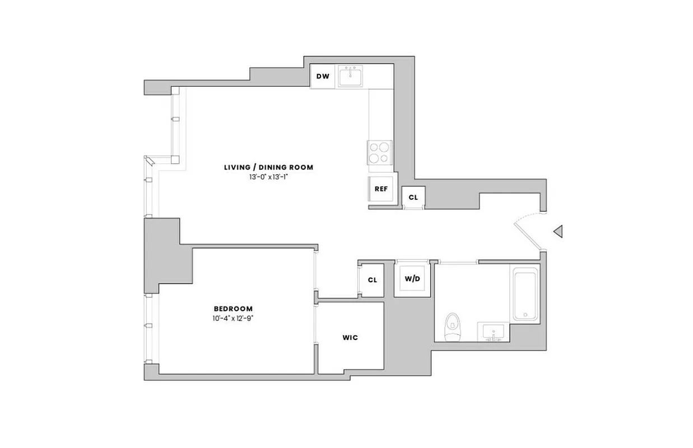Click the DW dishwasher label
click(x=322, y=76)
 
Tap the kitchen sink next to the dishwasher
click(x=352, y=76)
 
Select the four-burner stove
click(x=379, y=152)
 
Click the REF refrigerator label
click(x=381, y=189)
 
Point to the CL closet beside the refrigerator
click(x=413, y=197)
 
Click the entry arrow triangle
click(x=557, y=231)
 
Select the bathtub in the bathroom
click(x=525, y=293)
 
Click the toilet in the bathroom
click(x=452, y=327)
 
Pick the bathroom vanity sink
click(x=494, y=332)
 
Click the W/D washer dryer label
click(x=412, y=279)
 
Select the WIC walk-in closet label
click(x=350, y=338)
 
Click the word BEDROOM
click(x=233, y=309)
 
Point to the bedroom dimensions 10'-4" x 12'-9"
click(x=233, y=318)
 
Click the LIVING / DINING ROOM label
click(x=268, y=167)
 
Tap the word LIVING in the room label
click(x=236, y=167)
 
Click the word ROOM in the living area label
click(x=303, y=167)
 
